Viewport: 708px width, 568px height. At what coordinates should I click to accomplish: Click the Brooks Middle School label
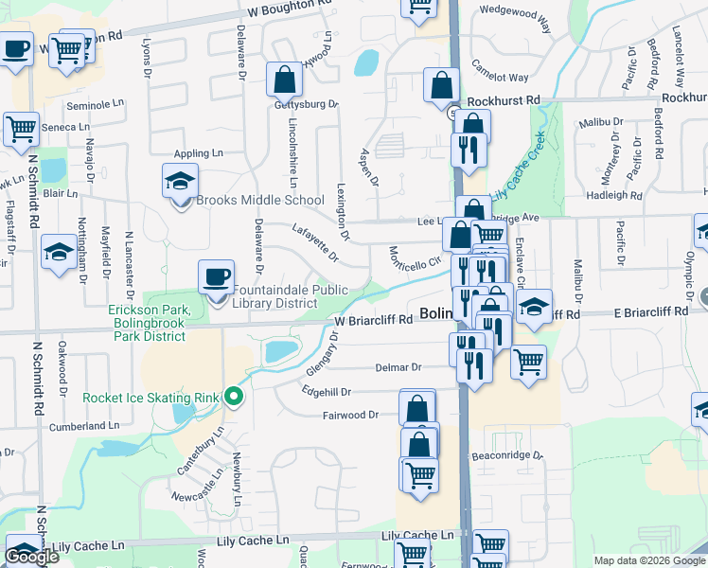click(x=260, y=201)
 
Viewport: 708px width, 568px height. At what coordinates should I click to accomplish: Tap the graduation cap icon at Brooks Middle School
click(x=179, y=179)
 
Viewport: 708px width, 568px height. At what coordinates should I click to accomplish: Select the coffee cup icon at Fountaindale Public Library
click(x=217, y=276)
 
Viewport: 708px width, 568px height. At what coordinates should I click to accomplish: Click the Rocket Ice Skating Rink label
click(x=151, y=398)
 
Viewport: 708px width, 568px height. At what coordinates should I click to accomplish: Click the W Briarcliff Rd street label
click(x=374, y=320)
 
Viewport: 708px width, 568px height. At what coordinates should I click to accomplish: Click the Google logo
click(x=31, y=557)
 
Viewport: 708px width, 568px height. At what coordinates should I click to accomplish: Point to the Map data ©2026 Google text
click(x=648, y=560)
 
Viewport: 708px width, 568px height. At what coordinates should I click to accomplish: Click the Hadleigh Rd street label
click(x=613, y=195)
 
